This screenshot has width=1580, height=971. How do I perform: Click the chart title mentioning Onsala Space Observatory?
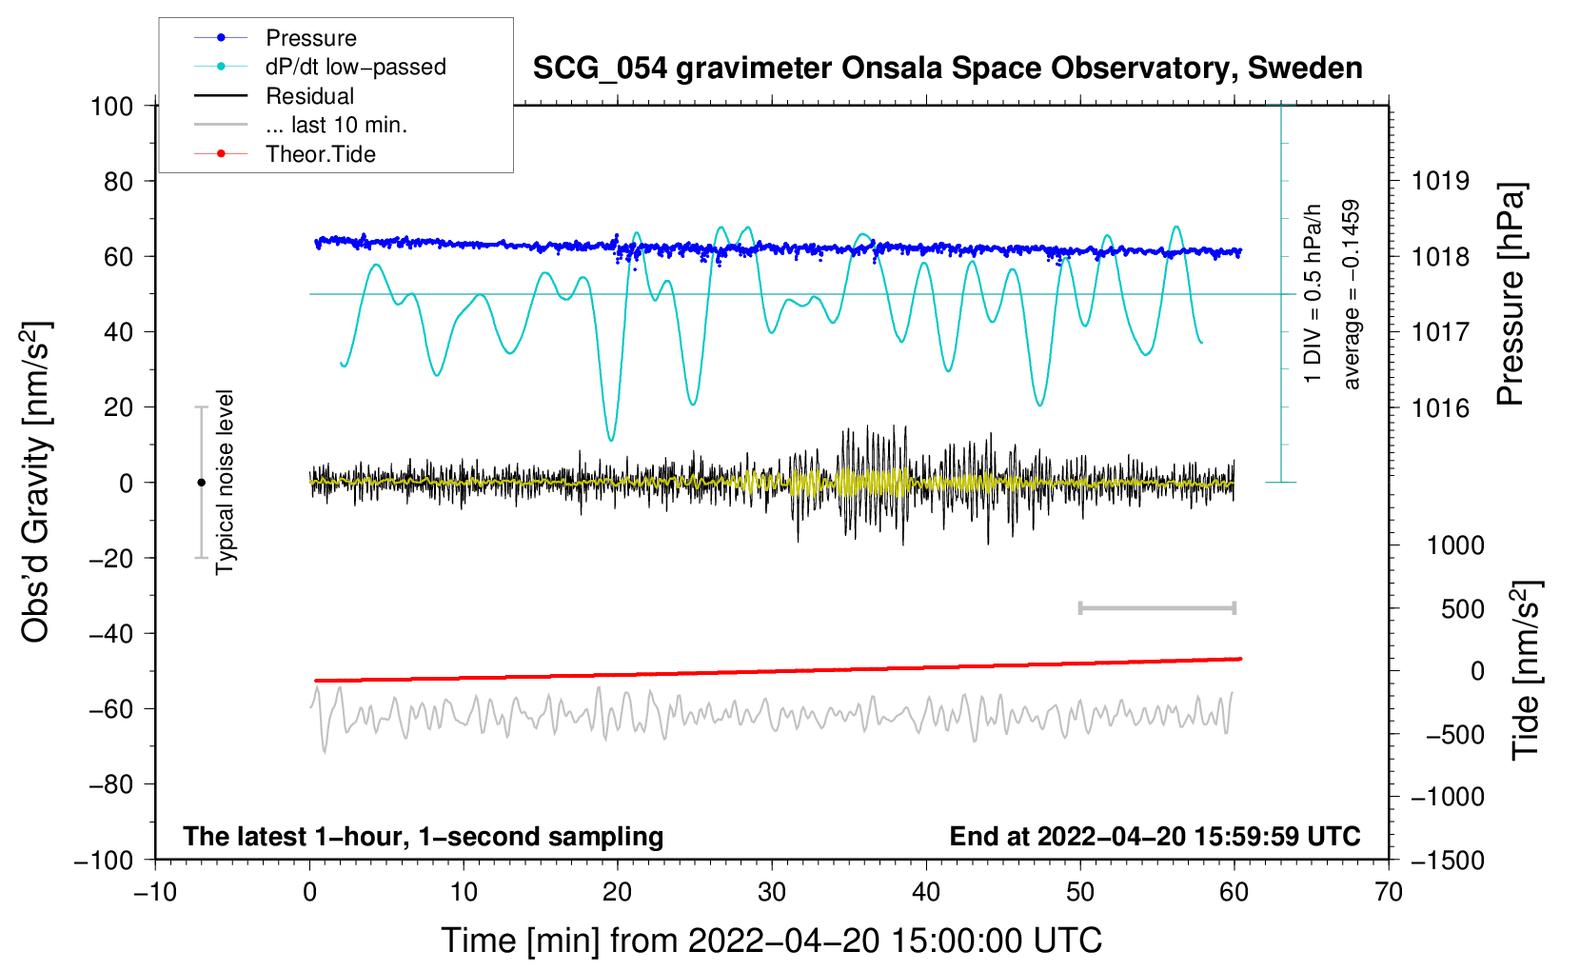[x=947, y=69]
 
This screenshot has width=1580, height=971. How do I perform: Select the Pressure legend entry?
[x=310, y=38]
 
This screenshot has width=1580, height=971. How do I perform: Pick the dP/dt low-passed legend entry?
[x=355, y=67]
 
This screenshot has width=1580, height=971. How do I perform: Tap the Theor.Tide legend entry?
[x=320, y=154]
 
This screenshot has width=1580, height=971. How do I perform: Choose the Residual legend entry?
[x=309, y=96]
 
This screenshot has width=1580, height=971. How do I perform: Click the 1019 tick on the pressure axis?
[x=1440, y=181]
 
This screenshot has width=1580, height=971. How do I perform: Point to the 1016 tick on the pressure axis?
[x=1440, y=408]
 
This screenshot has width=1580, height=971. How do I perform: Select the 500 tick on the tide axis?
[x=1462, y=608]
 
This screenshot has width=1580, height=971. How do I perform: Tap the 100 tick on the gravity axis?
[x=112, y=106]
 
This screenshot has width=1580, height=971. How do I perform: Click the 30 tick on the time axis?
[x=772, y=892]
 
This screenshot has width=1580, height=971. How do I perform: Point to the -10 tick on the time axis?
[x=155, y=892]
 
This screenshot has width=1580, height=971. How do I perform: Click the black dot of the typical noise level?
[x=201, y=483]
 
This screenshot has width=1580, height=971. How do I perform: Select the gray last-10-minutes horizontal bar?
[x=1156, y=608]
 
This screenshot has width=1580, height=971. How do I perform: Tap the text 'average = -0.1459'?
[x=1352, y=295]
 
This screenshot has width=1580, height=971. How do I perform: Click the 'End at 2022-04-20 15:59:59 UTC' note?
[x=1155, y=836]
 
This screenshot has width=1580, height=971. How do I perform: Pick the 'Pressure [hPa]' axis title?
[x=1511, y=295]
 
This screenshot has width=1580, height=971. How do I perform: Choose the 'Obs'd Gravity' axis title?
[x=36, y=483]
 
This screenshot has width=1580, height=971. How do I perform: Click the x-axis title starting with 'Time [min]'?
[x=771, y=941]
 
